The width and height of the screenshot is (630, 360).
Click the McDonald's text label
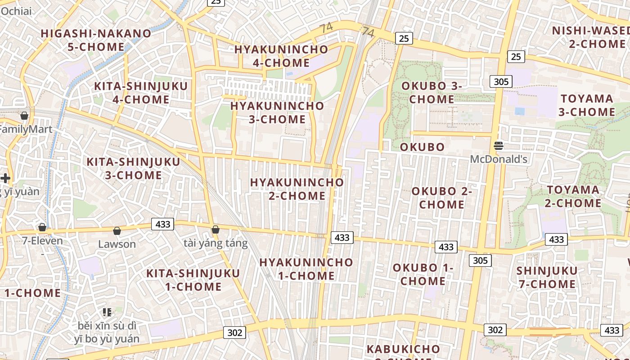(x=499, y=159)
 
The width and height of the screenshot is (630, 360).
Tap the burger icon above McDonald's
(x=498, y=145)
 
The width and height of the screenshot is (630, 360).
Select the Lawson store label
(x=117, y=244)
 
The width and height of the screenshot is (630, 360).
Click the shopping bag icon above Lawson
(x=117, y=231)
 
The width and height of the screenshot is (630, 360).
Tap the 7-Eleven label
(x=43, y=241)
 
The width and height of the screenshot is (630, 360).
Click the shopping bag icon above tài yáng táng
(x=216, y=230)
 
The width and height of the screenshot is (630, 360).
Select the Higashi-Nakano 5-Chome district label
(x=96, y=40)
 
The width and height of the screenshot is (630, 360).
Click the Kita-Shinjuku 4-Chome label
(x=140, y=93)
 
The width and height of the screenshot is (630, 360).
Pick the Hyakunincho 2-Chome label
(x=297, y=189)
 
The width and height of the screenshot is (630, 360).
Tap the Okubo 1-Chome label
(x=423, y=274)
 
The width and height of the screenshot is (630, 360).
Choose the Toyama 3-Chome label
(x=587, y=105)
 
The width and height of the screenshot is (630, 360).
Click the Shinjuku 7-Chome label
(x=547, y=277)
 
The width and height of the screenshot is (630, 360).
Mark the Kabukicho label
(x=403, y=349)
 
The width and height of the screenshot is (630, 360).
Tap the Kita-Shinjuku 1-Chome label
(x=193, y=280)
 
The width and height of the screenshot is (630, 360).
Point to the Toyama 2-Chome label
(x=573, y=196)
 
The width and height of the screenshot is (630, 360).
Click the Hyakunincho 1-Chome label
(x=306, y=269)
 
